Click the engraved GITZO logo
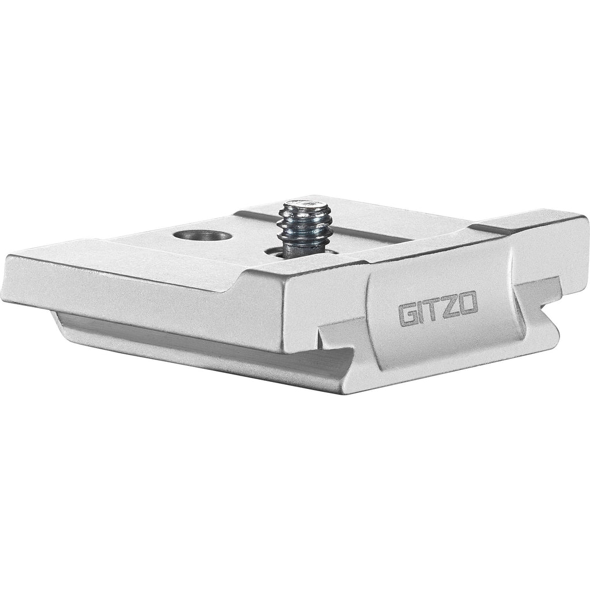[x=438, y=309]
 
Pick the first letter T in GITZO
[x=432, y=311]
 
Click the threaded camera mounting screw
[x=304, y=228]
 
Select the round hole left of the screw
[x=202, y=236]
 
